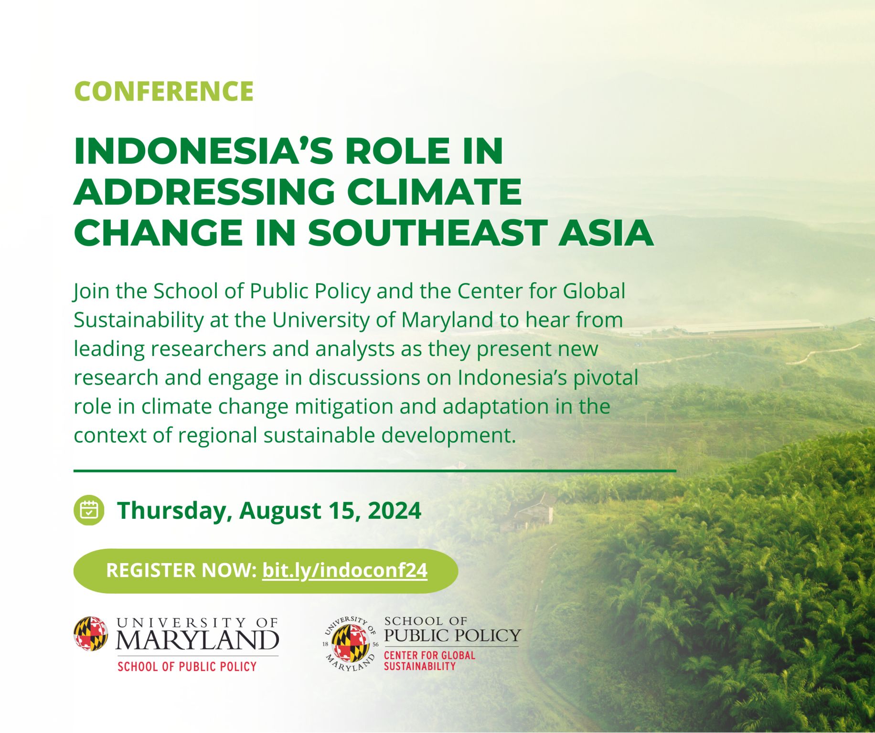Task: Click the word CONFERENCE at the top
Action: (164, 91)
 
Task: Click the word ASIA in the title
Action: (606, 233)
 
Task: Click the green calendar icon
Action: (89, 510)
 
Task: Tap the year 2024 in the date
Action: (395, 510)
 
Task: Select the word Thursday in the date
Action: (174, 511)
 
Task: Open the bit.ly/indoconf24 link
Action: (345, 571)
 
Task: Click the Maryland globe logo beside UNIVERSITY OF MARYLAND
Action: (91, 634)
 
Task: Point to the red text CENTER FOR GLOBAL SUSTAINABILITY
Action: (430, 661)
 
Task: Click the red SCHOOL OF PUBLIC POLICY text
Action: (187, 667)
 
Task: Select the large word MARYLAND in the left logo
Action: (197, 640)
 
